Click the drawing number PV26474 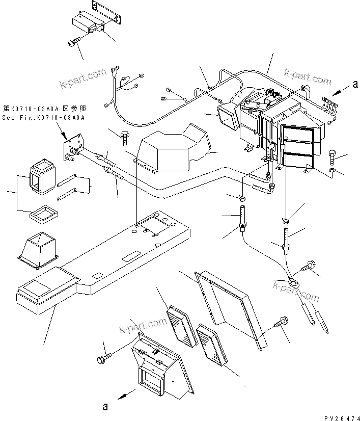pyautogui.click(x=338, y=416)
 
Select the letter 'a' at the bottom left pyautogui.click(x=105, y=406)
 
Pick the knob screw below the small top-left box pyautogui.click(x=72, y=44)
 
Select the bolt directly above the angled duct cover pyautogui.click(x=124, y=138)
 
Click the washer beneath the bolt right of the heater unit pyautogui.click(x=332, y=170)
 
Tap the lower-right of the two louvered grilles pyautogui.click(x=210, y=344)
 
